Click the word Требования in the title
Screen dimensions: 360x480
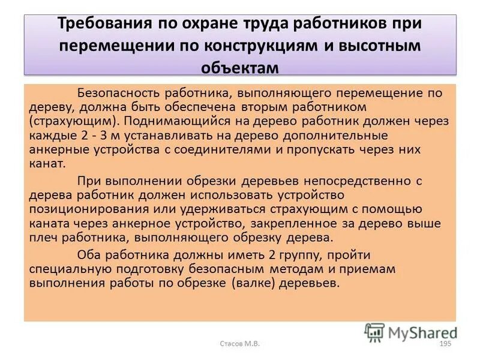point(105,25)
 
